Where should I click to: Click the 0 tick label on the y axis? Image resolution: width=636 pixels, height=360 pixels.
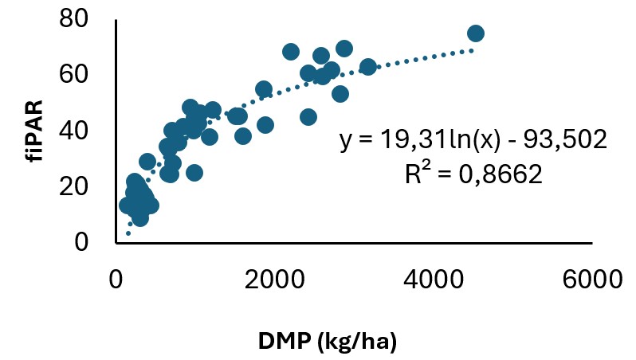point(90,242)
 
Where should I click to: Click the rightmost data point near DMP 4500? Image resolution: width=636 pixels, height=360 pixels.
point(476,33)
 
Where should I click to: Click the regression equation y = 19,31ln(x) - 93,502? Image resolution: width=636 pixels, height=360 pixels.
point(474,141)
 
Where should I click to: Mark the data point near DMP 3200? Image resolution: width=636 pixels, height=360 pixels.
point(368,67)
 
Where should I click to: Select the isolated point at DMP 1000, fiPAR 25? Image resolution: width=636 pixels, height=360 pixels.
point(194,173)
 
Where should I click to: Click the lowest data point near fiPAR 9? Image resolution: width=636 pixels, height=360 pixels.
point(140,217)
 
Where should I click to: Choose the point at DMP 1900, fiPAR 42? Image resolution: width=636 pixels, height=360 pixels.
point(265,125)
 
